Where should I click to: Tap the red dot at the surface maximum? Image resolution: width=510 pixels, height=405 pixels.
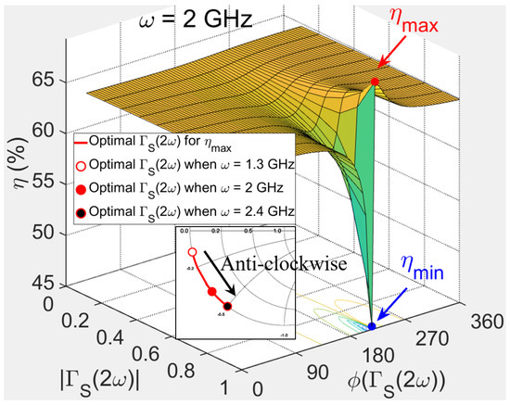pyautogui.click(x=375, y=82)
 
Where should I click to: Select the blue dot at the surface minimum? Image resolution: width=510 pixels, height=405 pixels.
pyautogui.click(x=372, y=326)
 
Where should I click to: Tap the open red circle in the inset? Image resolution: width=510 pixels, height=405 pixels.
pyautogui.click(x=192, y=252)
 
